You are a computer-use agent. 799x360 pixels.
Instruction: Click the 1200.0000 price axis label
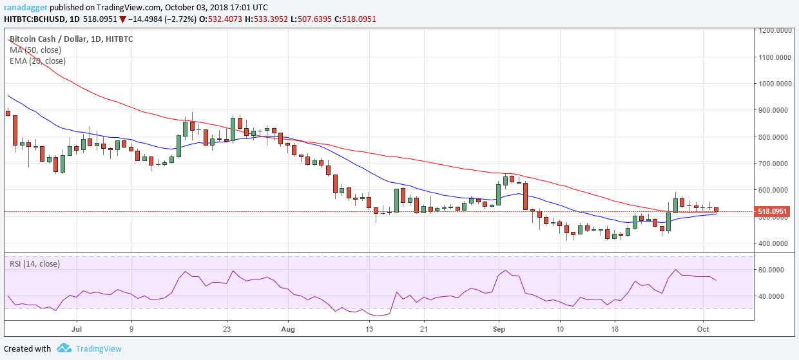tap(775, 30)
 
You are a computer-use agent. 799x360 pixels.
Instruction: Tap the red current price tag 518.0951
tap(773, 211)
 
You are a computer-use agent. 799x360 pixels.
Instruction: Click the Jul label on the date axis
tap(76, 328)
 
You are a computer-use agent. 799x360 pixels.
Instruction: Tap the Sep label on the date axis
tap(499, 328)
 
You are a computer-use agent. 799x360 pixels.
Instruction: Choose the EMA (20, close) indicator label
tap(38, 61)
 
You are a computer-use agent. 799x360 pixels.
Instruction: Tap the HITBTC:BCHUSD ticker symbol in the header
tap(37, 19)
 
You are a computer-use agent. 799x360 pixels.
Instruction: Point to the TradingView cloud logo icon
tap(64, 348)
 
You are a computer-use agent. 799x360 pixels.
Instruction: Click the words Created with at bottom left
tap(27, 348)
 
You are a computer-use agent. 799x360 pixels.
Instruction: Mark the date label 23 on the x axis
tap(227, 328)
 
